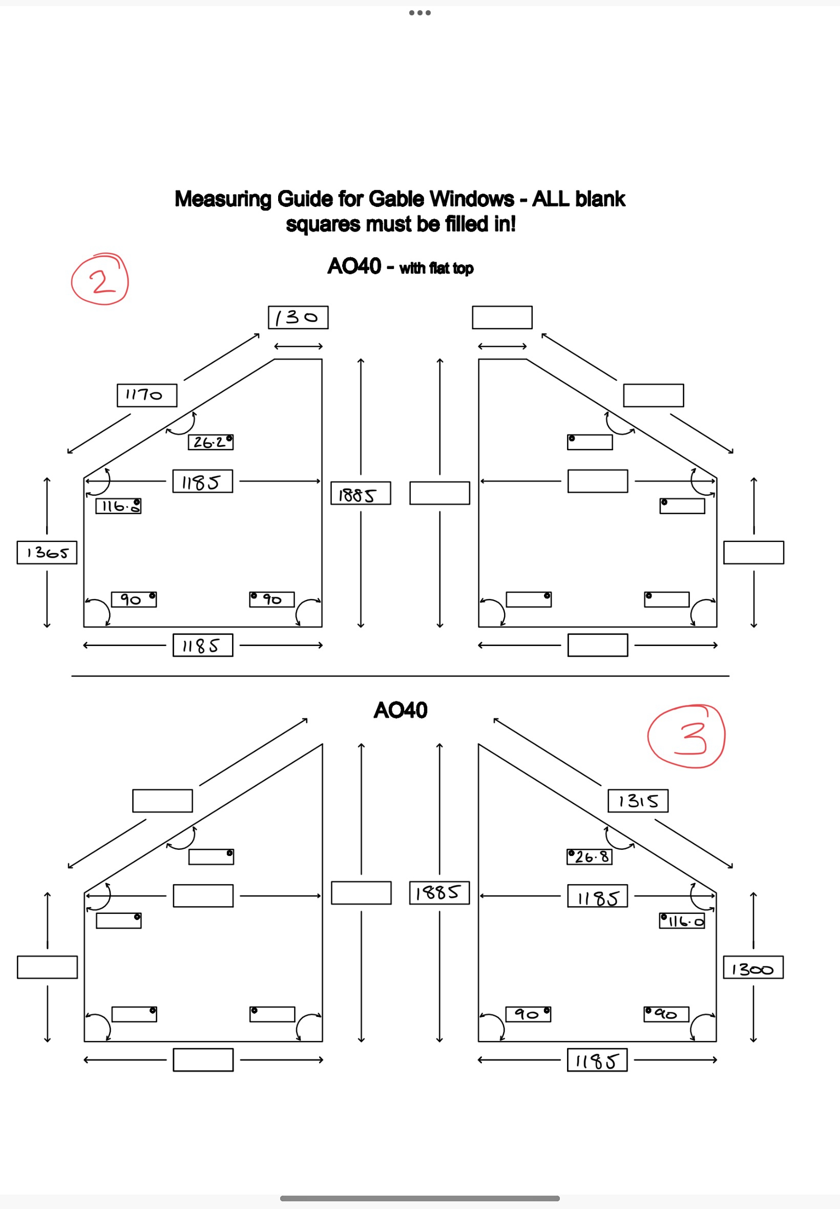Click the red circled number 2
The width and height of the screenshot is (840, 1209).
pyautogui.click(x=100, y=280)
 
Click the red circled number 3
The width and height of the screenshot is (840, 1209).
pyautogui.click(x=686, y=736)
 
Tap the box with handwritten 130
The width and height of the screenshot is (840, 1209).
pyautogui.click(x=298, y=318)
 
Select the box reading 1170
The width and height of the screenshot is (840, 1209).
pyautogui.click(x=147, y=395)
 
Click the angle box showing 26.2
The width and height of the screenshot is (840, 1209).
pyautogui.click(x=211, y=442)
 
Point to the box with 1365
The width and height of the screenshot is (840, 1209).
pyautogui.click(x=47, y=553)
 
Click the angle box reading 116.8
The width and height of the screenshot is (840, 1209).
pyautogui.click(x=118, y=506)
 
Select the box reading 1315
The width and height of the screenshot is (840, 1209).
pyautogui.click(x=638, y=801)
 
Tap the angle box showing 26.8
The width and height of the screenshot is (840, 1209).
pyautogui.click(x=590, y=857)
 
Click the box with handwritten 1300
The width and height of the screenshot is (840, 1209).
pyautogui.click(x=753, y=967)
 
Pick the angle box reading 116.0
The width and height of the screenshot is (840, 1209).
pyautogui.click(x=682, y=921)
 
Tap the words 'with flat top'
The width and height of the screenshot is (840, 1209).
pyautogui.click(x=436, y=268)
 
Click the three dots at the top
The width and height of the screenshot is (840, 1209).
pyautogui.click(x=420, y=13)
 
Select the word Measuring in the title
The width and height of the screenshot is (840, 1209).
pyautogui.click(x=223, y=199)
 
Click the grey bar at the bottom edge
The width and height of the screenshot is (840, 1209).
pyautogui.click(x=420, y=1198)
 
